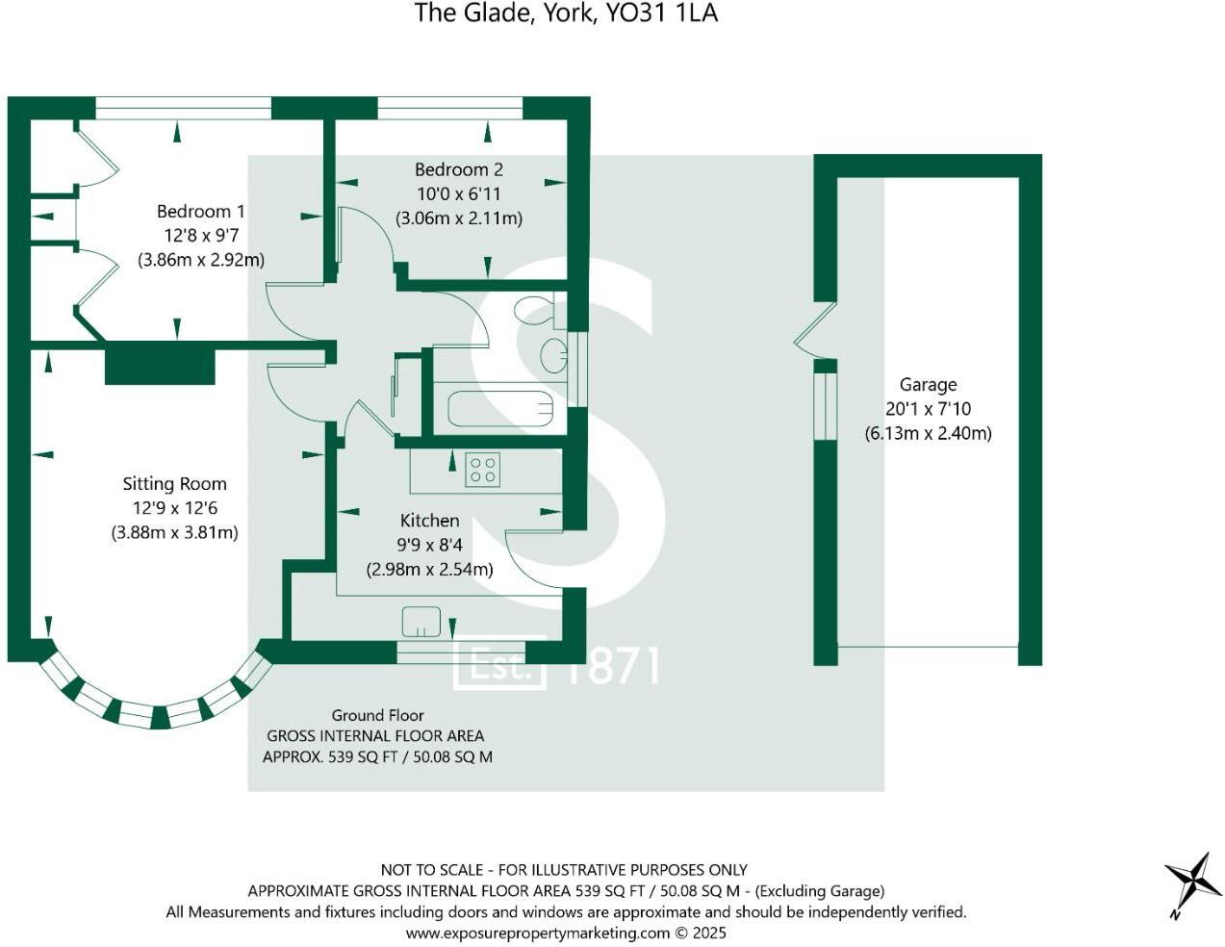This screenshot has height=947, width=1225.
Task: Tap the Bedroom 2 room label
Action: point(458,169)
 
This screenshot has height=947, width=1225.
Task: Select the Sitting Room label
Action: point(174,484)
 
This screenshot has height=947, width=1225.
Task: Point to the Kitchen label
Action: point(429,521)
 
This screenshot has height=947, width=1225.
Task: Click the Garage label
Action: point(928,385)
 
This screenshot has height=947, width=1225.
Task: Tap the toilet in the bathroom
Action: point(534,311)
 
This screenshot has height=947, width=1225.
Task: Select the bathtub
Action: point(500,409)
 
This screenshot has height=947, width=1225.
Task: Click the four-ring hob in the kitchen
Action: point(482,471)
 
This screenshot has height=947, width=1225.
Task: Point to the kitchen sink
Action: point(421,622)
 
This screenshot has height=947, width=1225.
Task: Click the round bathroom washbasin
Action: point(553,354)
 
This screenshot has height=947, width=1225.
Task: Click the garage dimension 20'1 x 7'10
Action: point(928,409)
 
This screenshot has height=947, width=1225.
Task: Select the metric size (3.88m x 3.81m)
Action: point(174,532)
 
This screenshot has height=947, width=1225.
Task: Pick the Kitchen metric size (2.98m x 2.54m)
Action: point(429,569)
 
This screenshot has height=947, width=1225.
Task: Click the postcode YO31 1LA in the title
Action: point(661,13)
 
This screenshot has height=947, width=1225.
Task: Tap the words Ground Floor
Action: point(377,715)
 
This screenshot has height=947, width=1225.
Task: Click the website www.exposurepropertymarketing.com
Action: point(537,933)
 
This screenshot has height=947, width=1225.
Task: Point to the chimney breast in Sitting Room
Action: point(159,366)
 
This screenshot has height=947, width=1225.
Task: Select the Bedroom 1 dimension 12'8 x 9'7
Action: point(200,236)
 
